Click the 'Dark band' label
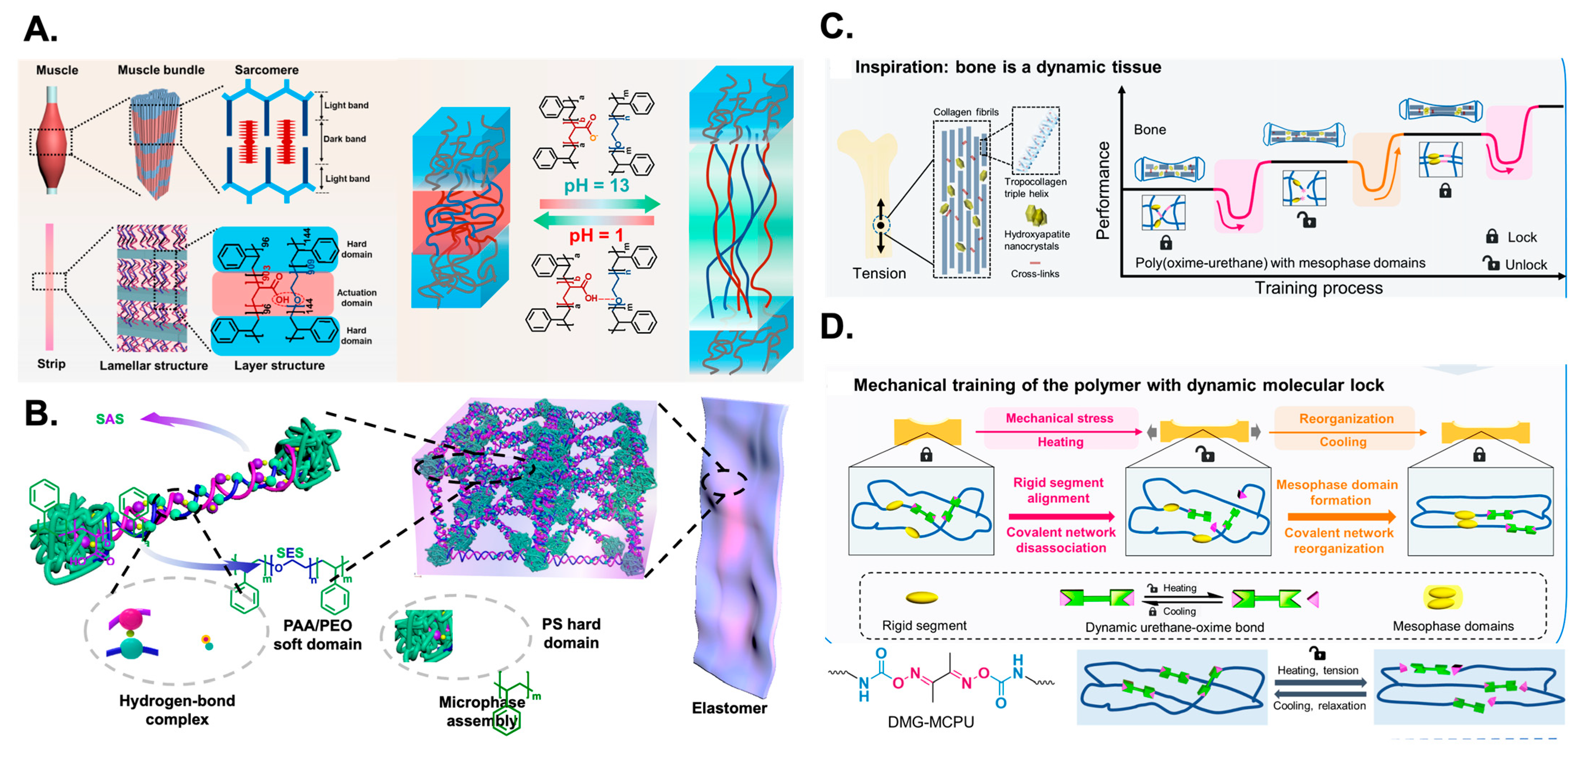click(x=345, y=139)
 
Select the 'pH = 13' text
click(x=596, y=185)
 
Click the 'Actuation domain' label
click(x=356, y=297)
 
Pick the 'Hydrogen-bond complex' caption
click(x=177, y=710)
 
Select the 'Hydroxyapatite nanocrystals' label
click(x=1037, y=240)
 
